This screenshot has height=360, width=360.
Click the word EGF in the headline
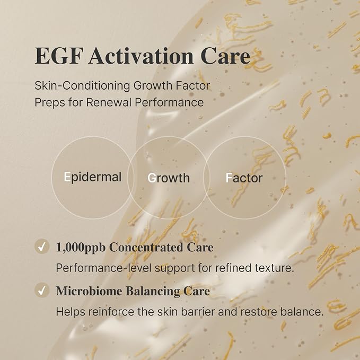58,56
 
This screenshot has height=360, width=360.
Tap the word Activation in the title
141,56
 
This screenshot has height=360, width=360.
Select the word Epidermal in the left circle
93,177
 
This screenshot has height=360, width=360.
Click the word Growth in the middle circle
169,178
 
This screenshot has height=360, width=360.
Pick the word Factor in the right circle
244,178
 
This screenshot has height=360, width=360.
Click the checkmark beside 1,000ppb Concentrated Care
42,247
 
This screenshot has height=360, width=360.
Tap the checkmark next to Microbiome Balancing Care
42,291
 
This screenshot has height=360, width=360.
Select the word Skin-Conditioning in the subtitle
82,86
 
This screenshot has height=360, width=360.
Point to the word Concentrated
146,248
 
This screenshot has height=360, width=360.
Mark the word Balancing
153,292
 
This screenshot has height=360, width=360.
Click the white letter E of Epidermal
67,177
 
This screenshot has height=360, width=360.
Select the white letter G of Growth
152,178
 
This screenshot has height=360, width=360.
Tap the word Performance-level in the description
104,268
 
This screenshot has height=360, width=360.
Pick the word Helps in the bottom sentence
71,312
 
